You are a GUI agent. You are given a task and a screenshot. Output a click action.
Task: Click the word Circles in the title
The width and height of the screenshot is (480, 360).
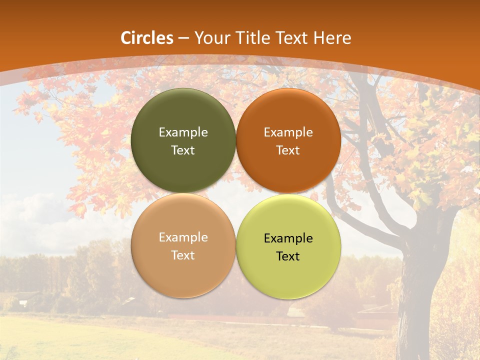click(x=147, y=38)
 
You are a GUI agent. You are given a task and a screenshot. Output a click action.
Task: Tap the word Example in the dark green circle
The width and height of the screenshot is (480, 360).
click(x=183, y=132)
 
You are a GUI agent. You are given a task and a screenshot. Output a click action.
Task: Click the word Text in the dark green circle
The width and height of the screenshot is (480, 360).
click(x=183, y=150)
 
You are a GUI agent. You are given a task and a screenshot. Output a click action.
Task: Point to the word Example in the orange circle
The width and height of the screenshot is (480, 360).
click(x=288, y=132)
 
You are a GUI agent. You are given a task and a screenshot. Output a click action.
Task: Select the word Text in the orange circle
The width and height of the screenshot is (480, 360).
click(x=288, y=150)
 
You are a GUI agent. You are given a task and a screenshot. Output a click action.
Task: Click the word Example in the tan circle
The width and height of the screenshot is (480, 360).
click(x=183, y=237)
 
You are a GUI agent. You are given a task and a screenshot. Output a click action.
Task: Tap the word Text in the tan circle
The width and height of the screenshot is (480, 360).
click(x=183, y=255)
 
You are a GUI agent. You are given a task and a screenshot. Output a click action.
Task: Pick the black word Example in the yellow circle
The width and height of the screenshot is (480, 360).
click(x=288, y=238)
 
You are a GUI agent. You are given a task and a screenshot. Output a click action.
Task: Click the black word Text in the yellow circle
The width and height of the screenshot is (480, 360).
click(x=288, y=256)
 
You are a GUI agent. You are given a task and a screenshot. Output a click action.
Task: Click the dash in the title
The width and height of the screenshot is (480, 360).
click(x=183, y=38)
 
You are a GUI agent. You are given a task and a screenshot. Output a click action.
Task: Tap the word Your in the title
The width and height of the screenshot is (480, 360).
click(x=210, y=38)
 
